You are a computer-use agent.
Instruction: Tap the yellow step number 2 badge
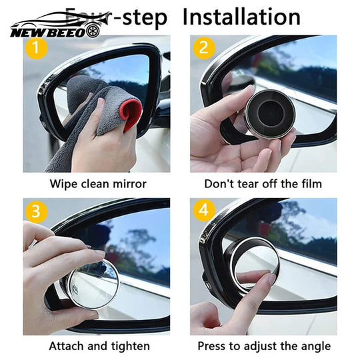pyautogui.click(x=202, y=48)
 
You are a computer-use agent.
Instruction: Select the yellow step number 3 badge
pyautogui.click(x=35, y=212)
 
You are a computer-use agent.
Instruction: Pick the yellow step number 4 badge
pyautogui.click(x=203, y=212)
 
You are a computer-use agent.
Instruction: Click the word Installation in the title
pyautogui.click(x=241, y=16)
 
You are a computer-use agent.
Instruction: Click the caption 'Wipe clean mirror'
pyautogui.click(x=98, y=183)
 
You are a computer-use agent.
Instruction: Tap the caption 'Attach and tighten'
pyautogui.click(x=99, y=346)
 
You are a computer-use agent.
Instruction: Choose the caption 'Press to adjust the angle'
pyautogui.click(x=263, y=346)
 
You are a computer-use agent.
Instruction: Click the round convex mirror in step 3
pyautogui.click(x=93, y=283)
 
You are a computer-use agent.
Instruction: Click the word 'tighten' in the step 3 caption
pyautogui.click(x=129, y=346)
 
